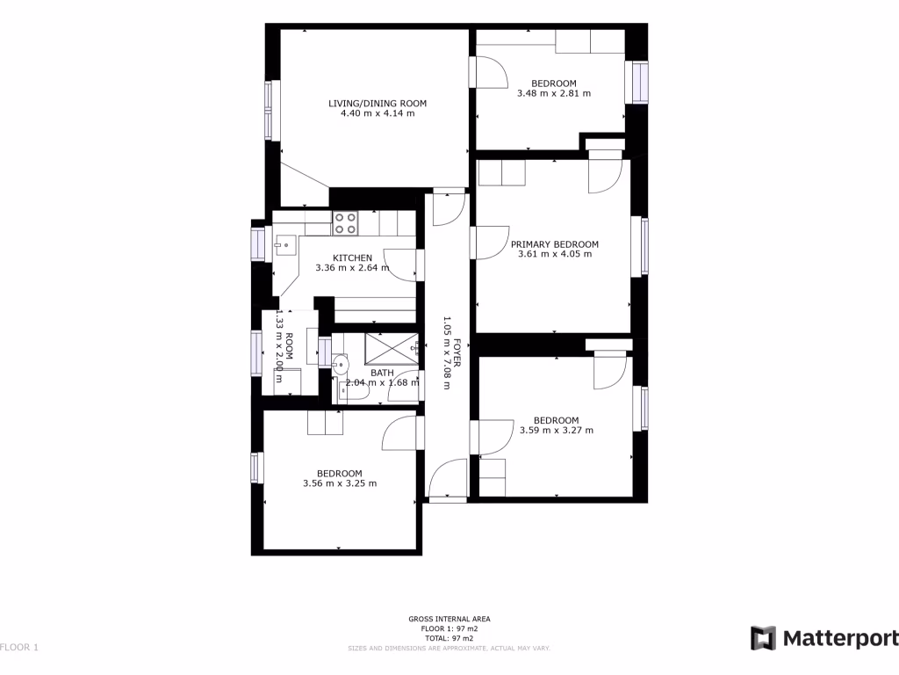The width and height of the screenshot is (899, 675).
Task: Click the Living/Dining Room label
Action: point(378,104)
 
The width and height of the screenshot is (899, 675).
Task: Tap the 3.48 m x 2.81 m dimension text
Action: point(553,93)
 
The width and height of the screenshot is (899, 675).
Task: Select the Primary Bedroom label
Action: point(555,244)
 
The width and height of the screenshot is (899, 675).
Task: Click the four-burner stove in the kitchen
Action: point(345,223)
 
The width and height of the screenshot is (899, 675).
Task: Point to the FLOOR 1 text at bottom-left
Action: point(19,648)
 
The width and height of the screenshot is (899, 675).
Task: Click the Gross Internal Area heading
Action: point(449,619)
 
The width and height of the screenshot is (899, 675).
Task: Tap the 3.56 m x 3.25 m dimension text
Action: point(340,483)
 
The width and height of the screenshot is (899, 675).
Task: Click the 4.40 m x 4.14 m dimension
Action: point(378,113)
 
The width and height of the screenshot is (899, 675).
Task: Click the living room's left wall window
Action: point(272,109)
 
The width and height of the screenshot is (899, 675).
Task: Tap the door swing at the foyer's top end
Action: point(449,206)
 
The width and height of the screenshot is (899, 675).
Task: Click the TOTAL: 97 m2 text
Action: point(449,638)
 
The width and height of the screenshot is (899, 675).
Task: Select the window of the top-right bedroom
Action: point(636,82)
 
